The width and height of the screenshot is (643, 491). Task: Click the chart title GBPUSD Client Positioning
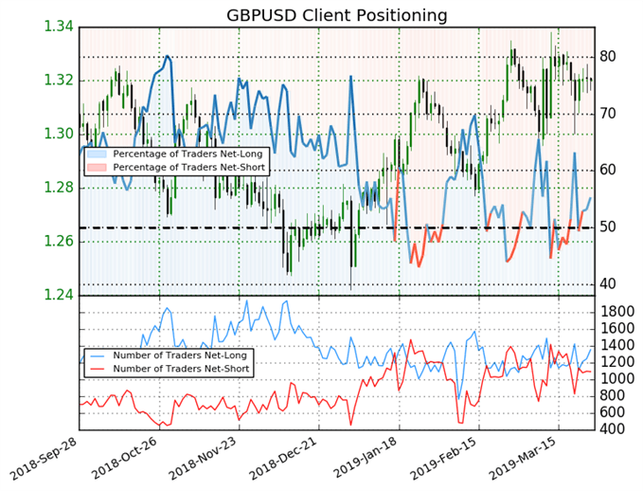coord(336,15)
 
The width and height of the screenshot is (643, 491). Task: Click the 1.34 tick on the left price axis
coord(60,26)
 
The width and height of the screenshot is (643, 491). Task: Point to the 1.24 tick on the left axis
coord(60,295)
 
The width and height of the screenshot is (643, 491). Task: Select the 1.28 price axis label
coord(60,187)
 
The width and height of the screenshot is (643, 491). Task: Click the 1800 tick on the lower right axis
coord(620,312)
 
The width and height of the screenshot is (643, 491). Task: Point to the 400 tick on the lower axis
coord(616,429)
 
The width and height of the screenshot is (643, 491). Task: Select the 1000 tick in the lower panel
coord(620,379)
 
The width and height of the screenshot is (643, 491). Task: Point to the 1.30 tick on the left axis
coord(60,133)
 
